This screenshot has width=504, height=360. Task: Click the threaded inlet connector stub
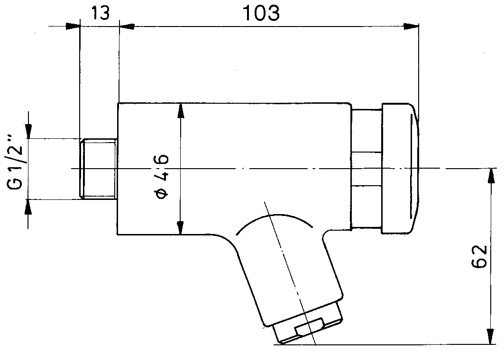coord(98,168)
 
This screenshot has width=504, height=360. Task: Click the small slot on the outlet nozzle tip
coord(308,326)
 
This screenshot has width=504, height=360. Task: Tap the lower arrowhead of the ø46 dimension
coord(181,227)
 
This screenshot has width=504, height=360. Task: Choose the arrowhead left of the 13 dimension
coord(73,26)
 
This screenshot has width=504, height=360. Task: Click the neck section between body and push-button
coord(366,168)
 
